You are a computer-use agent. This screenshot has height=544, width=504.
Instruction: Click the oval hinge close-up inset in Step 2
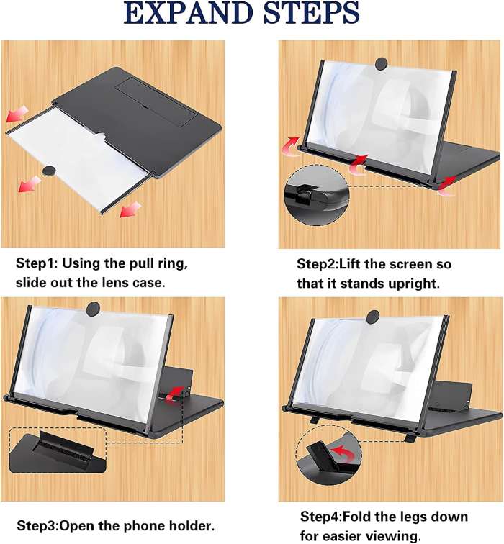point(318,196)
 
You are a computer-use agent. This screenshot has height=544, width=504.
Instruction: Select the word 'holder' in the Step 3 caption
point(189,526)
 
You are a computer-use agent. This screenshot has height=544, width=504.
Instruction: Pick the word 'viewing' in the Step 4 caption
point(392,535)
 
